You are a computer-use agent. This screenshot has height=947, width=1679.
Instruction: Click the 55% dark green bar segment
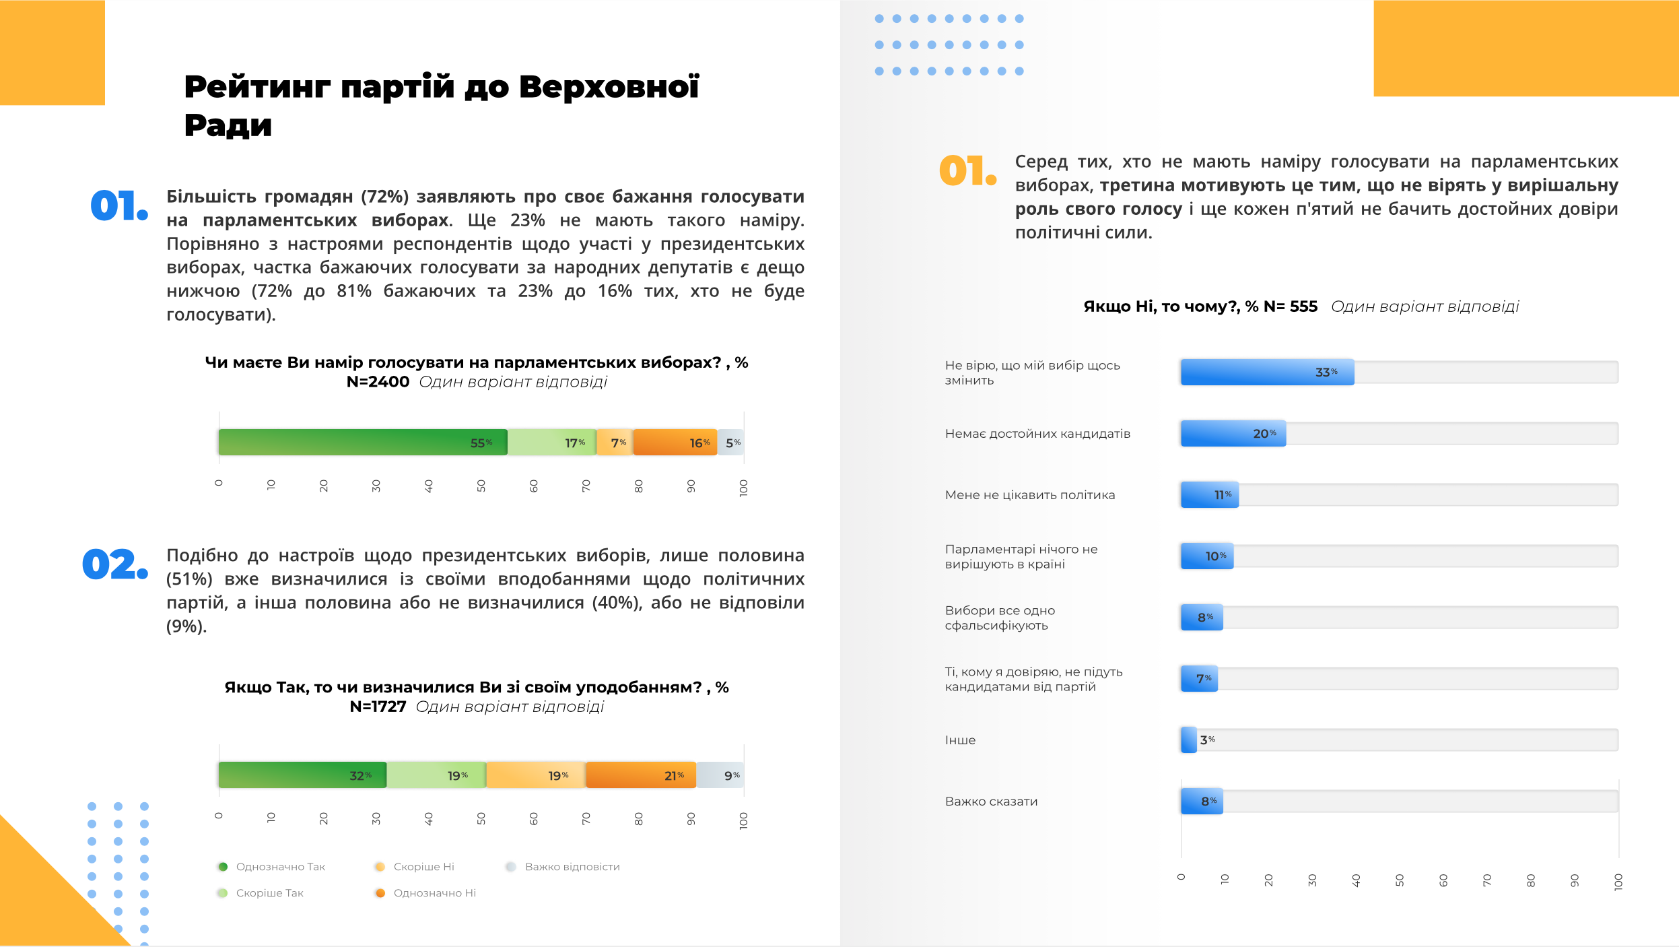[x=363, y=443]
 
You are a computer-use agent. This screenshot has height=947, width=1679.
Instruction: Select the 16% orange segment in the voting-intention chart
[x=675, y=443]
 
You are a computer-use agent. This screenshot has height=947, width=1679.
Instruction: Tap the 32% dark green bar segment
[x=302, y=775]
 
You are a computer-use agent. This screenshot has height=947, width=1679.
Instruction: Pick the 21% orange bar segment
[x=640, y=775]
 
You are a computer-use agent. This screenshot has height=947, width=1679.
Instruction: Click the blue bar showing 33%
[x=1267, y=372]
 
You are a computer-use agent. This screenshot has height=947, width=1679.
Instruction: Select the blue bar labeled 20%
[x=1233, y=434]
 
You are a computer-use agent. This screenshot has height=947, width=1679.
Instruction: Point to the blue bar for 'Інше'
[x=1189, y=740]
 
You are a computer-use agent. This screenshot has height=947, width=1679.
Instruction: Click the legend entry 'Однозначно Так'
[x=280, y=867]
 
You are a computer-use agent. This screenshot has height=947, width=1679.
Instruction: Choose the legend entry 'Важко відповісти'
[x=572, y=867]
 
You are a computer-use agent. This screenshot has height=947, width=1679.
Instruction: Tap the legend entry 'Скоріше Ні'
[x=423, y=867]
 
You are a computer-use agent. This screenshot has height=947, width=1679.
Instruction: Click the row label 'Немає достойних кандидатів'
[x=1037, y=434]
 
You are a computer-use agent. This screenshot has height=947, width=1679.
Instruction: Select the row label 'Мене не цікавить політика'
[x=1029, y=495]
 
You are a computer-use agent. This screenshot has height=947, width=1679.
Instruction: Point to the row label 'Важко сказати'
[x=991, y=802]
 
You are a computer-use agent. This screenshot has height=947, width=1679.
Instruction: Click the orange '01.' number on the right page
[x=967, y=170]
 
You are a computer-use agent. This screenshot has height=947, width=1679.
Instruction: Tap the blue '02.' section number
[x=114, y=564]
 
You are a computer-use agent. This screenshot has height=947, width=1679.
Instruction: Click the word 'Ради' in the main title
[x=228, y=125]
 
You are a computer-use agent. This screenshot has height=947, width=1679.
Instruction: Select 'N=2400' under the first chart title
[x=378, y=382]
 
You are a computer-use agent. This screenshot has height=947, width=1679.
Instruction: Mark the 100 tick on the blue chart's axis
[x=1618, y=882]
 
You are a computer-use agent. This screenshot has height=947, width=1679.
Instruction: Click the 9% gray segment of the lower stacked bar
[x=720, y=775]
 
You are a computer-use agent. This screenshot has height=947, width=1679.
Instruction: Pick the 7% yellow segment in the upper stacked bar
[x=615, y=443]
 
